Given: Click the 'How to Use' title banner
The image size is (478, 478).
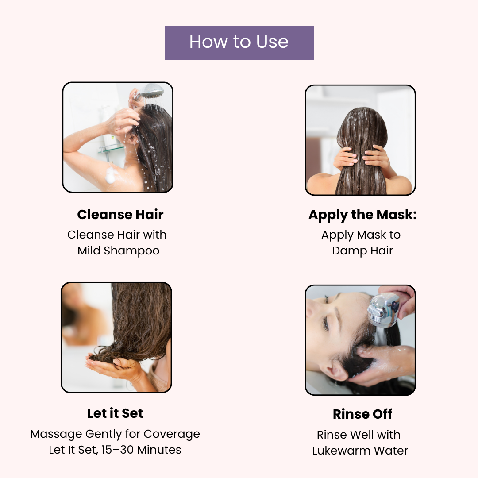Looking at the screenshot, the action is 239,43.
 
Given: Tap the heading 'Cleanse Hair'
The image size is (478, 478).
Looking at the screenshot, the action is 120,214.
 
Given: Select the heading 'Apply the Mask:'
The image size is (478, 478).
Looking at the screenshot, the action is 362,215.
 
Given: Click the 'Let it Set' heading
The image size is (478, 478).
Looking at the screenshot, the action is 115,413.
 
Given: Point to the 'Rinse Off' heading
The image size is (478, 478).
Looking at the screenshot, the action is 362,414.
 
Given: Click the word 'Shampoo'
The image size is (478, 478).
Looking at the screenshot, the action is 131,251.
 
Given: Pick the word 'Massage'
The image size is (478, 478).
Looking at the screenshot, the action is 56,434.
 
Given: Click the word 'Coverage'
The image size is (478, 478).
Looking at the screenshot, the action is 172,434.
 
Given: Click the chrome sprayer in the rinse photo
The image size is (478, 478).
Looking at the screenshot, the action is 383,310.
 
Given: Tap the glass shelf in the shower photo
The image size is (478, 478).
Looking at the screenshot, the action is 111,149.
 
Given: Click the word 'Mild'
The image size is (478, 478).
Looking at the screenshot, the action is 89,251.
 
